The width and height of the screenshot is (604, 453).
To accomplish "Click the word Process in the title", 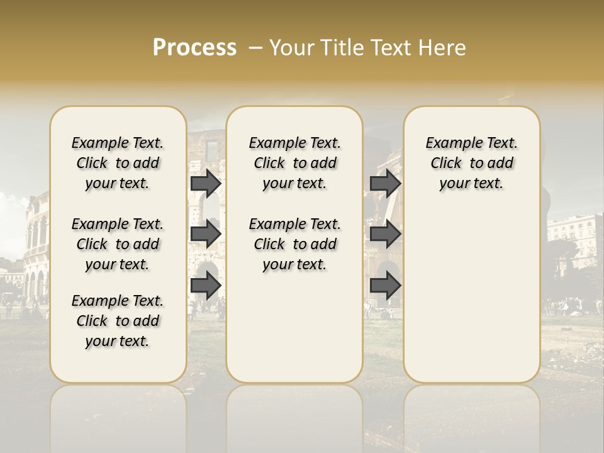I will [194, 48].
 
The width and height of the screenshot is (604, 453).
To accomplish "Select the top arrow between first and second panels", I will [206, 183].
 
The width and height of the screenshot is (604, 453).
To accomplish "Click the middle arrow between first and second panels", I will [206, 234].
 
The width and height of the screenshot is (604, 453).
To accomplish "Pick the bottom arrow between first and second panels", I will [206, 286].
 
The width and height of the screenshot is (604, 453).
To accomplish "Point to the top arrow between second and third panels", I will [385, 183].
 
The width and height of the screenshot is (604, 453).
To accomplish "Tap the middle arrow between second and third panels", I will [385, 234].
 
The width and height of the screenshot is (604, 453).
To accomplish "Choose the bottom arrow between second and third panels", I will [385, 286].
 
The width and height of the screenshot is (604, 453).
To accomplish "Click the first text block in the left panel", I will [118, 163].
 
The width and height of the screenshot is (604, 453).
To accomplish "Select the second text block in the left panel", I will [118, 244].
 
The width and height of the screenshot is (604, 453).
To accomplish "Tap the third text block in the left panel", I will [118, 321].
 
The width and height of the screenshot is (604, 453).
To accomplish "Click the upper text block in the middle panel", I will [294, 163].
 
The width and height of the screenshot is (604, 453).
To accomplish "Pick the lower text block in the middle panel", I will [294, 244].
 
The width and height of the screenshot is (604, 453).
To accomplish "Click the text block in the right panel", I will [471, 163].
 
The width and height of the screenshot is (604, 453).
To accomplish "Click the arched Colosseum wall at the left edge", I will [35, 245].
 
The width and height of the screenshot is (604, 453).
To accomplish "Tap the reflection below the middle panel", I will [294, 415].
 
